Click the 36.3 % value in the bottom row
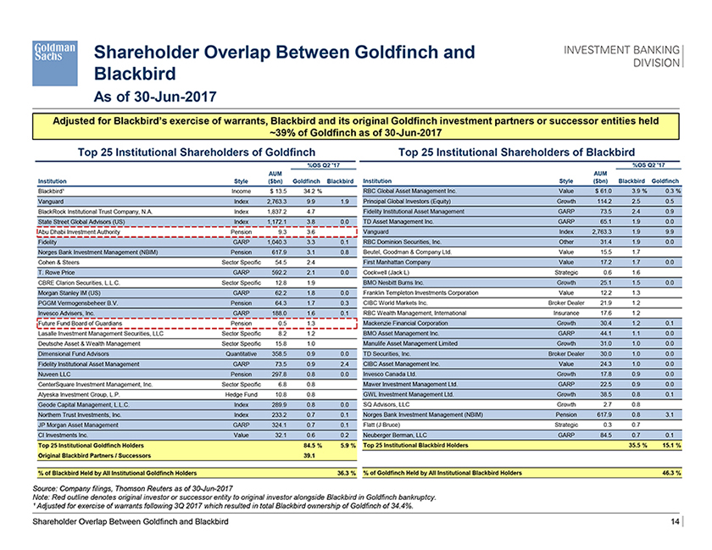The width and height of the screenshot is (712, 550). point(344,471)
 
